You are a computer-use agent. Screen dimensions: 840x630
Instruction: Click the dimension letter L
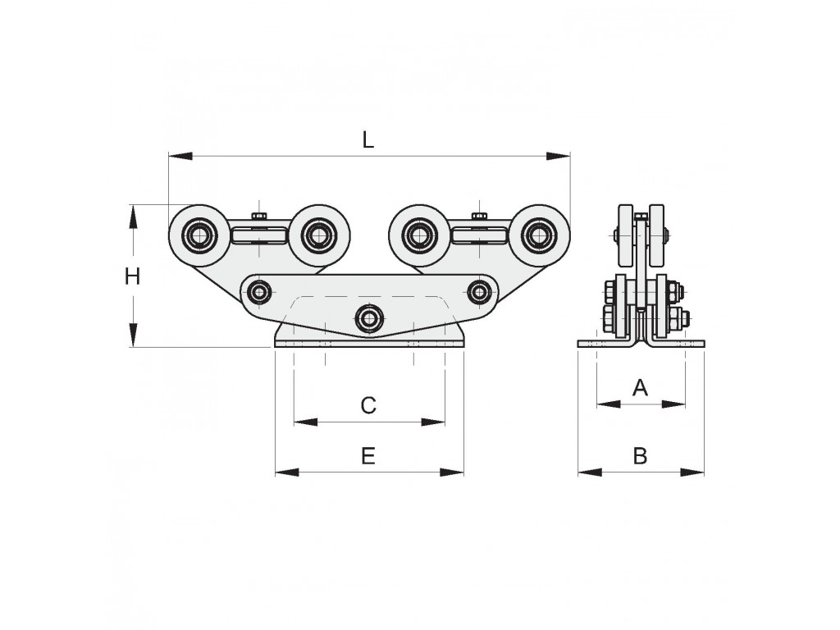[x=367, y=139]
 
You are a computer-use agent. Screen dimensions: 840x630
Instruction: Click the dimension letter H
[x=132, y=276]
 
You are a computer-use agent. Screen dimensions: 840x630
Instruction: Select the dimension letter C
[x=368, y=405]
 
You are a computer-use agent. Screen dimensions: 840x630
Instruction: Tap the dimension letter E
[x=368, y=456]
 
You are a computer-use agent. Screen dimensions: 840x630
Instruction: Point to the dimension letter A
[x=640, y=387]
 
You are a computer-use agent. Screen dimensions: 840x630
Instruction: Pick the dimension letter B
[x=640, y=456]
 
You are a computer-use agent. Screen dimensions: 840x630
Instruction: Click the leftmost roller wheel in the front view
[x=199, y=235]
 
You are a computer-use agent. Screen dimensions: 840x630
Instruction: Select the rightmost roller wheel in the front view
[x=540, y=235]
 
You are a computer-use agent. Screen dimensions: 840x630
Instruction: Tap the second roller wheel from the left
[x=319, y=235]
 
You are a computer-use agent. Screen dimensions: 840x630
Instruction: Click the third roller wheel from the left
[x=420, y=235]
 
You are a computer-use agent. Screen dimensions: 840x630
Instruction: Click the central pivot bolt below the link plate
[x=368, y=318]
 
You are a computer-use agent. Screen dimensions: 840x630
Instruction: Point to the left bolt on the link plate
[x=260, y=293]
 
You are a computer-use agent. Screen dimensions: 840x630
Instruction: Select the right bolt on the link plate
[x=478, y=293]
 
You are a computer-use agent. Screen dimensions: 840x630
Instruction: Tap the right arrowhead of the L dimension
[x=558, y=156]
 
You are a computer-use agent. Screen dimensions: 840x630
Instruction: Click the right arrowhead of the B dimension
[x=692, y=472]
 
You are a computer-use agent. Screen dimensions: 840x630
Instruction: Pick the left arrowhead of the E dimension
[x=287, y=472]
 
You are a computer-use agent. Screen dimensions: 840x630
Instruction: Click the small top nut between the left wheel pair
[x=259, y=216]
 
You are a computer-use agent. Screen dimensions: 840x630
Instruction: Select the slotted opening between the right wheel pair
[x=479, y=235]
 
